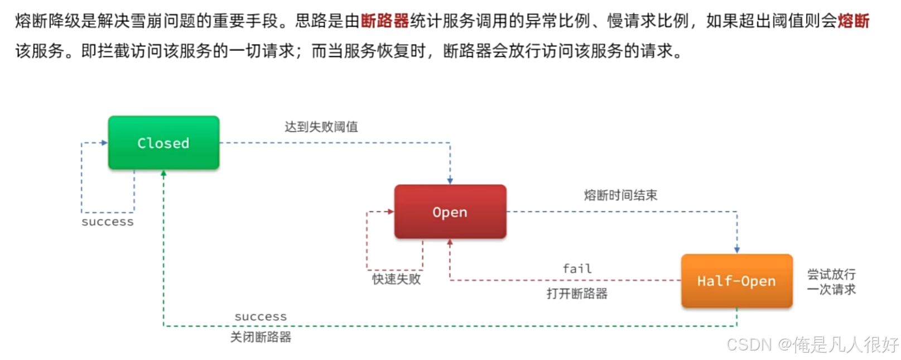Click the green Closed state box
point(163,143)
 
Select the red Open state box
point(450,212)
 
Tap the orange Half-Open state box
point(736,281)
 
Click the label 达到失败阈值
point(321,127)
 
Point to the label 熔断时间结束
point(620,195)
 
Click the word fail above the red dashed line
point(577,269)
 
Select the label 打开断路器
point(577,294)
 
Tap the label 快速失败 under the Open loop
point(396,279)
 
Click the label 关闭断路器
point(261,337)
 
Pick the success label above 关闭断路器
point(261,317)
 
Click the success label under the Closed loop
point(108,222)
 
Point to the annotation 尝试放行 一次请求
point(831,282)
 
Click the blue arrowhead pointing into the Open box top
point(450,181)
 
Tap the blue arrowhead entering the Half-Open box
point(736,250)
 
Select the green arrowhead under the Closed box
point(163,174)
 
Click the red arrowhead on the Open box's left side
point(391,212)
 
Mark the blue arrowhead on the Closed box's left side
point(104,143)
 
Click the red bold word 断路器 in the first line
point(384,21)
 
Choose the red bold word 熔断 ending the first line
point(853,21)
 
